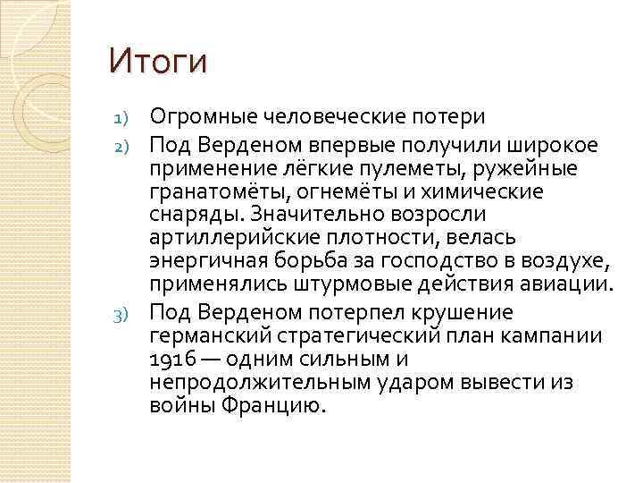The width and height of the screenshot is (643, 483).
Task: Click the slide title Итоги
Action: [157, 62]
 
